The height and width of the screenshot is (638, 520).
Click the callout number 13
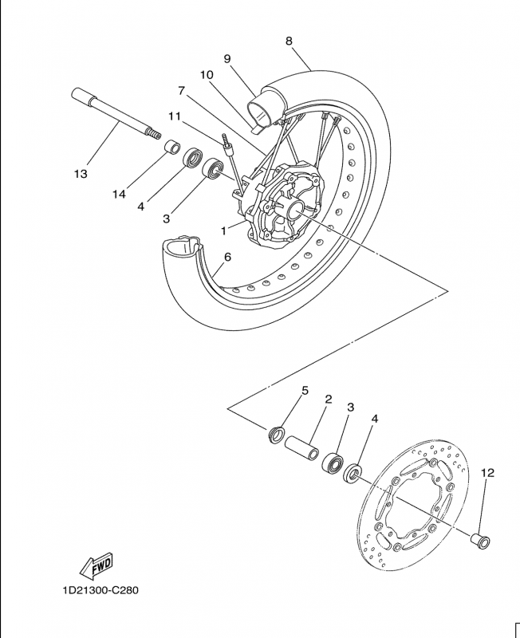pyautogui.click(x=81, y=174)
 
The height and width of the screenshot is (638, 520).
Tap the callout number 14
pyautogui.click(x=119, y=195)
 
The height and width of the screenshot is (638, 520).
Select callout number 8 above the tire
pyautogui.click(x=289, y=41)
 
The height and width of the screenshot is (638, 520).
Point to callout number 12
pyautogui.click(x=487, y=473)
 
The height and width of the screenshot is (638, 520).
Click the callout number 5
pyautogui.click(x=305, y=391)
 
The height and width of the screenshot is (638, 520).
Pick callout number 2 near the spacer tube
pyautogui.click(x=329, y=400)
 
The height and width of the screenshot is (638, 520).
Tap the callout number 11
pyautogui.click(x=175, y=116)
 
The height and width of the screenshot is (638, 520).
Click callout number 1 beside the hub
pyautogui.click(x=223, y=230)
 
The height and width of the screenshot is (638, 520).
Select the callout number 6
pyautogui.click(x=227, y=257)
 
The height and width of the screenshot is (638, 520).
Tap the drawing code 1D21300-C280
pyautogui.click(x=100, y=590)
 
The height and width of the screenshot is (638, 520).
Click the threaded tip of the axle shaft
pyautogui.click(x=155, y=134)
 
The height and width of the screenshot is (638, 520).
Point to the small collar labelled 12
pyautogui.click(x=480, y=540)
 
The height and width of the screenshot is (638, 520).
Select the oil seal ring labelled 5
pyautogui.click(x=277, y=434)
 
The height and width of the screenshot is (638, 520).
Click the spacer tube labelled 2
pyautogui.click(x=301, y=447)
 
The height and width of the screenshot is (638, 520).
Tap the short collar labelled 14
pyautogui.click(x=171, y=147)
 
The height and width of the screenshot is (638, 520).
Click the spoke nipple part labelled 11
pyautogui.click(x=227, y=145)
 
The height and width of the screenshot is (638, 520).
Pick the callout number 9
pyautogui.click(x=227, y=59)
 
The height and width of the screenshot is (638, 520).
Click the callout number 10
pyautogui.click(x=207, y=75)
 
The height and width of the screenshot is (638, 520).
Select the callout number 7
pyautogui.click(x=182, y=90)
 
